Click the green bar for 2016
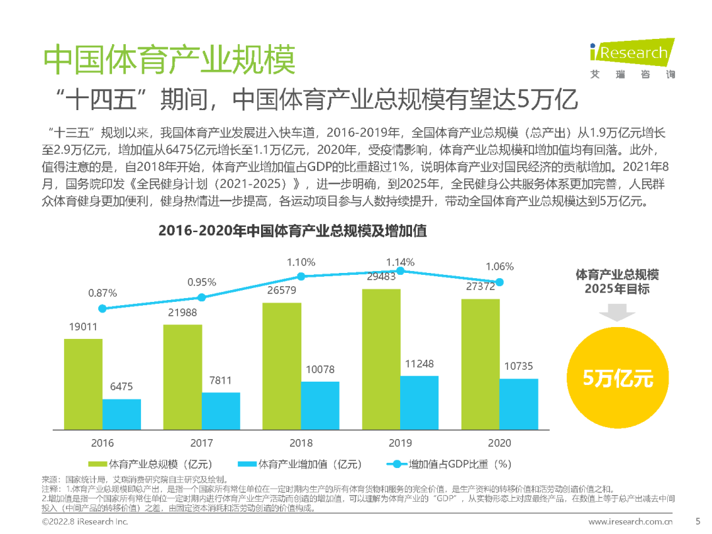click(83, 385)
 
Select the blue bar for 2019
click(419, 403)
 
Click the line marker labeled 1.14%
click(400, 270)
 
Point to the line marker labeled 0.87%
click(102, 309)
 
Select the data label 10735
click(518, 367)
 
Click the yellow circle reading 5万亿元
click(618, 378)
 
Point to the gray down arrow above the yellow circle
click(617, 312)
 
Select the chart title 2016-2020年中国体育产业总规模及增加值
click(293, 231)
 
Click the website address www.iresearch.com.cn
click(631, 521)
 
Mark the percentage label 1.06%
click(498, 267)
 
